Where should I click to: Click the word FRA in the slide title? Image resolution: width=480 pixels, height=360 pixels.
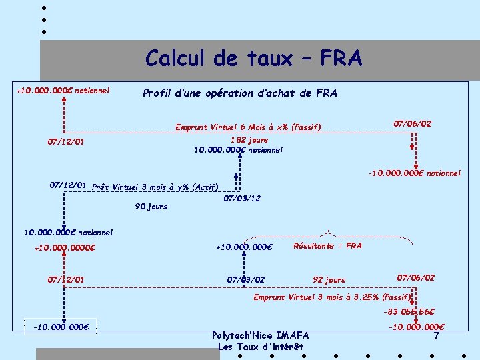341,59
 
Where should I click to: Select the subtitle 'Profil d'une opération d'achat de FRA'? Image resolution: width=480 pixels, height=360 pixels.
240,93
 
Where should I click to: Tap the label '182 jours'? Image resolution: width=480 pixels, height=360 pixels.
249,140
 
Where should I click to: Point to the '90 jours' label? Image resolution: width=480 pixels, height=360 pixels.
151,207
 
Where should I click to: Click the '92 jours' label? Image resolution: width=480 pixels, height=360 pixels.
329,280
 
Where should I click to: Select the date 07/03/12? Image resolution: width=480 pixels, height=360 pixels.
242,199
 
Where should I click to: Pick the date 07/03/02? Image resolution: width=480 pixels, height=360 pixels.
246,279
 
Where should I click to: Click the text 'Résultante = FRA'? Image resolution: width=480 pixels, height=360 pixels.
327,246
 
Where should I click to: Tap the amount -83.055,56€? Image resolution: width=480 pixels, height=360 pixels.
409,311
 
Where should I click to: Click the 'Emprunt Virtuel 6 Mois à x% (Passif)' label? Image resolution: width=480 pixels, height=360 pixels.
248,127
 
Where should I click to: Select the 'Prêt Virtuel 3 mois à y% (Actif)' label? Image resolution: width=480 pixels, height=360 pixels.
155,187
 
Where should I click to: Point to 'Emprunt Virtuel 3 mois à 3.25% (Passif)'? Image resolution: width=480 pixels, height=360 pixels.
332,297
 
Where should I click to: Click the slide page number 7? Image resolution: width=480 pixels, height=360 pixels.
436,336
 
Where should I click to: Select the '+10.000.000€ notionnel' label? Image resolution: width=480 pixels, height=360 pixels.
63,90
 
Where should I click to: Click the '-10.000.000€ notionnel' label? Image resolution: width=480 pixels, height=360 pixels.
414,173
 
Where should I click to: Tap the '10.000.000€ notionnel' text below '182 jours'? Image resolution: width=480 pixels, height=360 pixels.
238,150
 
